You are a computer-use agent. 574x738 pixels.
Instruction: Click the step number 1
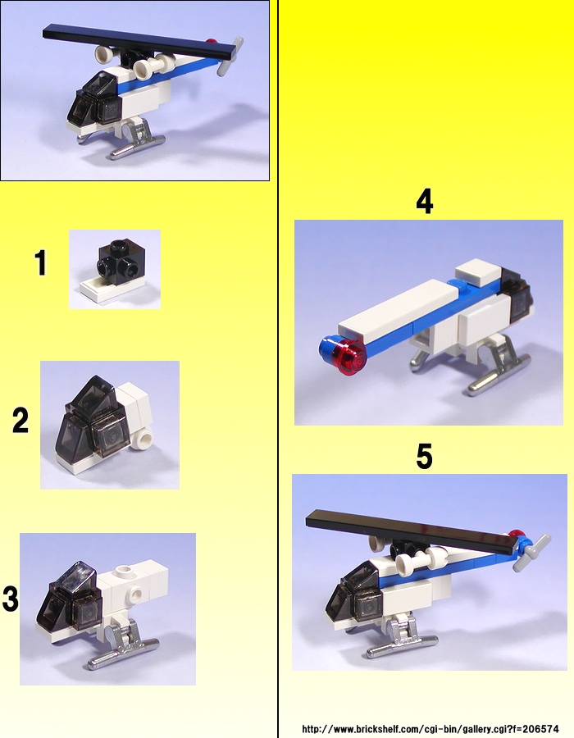point(41,262)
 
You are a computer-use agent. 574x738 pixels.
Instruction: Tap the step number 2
point(20,421)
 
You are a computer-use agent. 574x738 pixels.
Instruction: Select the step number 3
point(11,599)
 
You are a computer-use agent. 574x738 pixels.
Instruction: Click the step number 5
point(424,456)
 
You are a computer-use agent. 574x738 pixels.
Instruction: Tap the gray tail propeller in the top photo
point(230,57)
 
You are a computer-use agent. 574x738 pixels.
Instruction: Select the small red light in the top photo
point(212,42)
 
